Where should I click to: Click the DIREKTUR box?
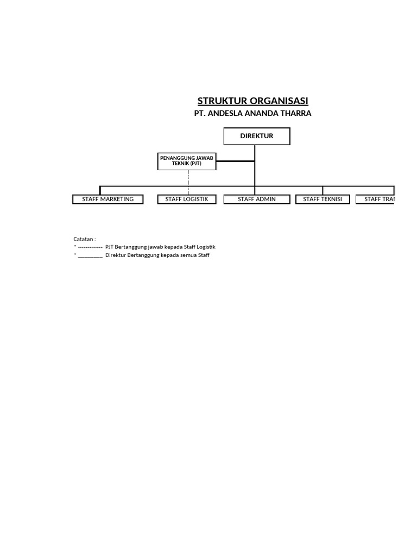click(x=257, y=136)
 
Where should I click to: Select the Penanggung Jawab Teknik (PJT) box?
click(x=187, y=160)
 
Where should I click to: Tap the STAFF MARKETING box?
click(x=108, y=199)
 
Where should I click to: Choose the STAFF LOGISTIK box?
click(x=187, y=199)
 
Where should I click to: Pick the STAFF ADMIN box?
click(x=256, y=199)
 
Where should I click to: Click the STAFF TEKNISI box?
click(x=323, y=199)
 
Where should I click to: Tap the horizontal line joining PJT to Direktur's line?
click(x=235, y=161)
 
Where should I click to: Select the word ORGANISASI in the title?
click(x=279, y=101)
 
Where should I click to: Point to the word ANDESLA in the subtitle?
click(x=225, y=113)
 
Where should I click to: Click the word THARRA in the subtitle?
click(x=295, y=113)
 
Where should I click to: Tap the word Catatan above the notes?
click(x=84, y=238)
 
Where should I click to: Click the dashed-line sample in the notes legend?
click(x=90, y=247)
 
